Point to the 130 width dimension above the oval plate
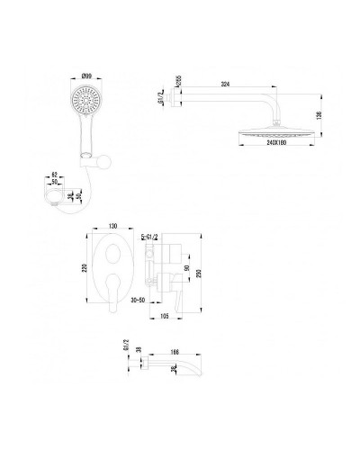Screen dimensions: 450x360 114,226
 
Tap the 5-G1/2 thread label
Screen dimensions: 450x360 149,235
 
